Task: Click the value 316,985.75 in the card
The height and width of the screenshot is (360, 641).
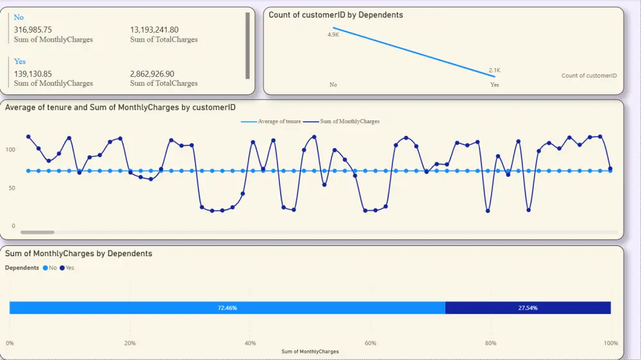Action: [x=33, y=29]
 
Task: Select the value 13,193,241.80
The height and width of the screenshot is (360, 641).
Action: [x=154, y=29]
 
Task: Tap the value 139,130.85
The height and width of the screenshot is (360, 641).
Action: [x=33, y=74]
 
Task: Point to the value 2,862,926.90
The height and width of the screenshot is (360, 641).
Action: [x=152, y=74]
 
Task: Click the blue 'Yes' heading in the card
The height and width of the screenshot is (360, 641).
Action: [x=20, y=61]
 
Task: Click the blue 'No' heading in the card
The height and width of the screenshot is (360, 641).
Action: [x=19, y=17]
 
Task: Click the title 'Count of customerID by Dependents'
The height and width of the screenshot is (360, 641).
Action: [x=336, y=15]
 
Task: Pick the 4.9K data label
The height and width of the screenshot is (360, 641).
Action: [x=333, y=35]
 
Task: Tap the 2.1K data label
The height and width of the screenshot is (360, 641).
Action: [x=494, y=70]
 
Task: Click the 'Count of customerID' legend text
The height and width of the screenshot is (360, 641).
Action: [x=588, y=76]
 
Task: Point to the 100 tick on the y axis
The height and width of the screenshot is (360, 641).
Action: [x=10, y=150]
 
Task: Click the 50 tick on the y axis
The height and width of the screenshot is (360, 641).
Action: [x=12, y=188]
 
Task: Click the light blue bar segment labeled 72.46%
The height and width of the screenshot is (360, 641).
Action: [x=227, y=308]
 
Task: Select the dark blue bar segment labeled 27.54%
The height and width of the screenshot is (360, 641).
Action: [x=528, y=308]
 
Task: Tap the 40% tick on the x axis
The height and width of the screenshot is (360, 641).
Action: [x=250, y=343]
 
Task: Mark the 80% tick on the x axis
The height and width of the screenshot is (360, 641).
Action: [x=490, y=343]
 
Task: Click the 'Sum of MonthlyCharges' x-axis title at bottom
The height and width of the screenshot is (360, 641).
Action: [x=310, y=352]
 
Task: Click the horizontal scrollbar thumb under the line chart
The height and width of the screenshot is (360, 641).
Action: [x=37, y=232]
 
